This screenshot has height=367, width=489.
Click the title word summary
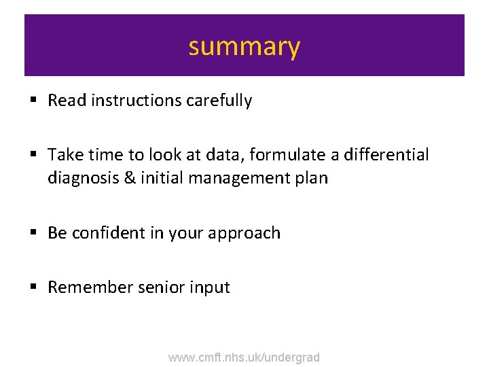pos(244,47)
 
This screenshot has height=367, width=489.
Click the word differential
pos(386,155)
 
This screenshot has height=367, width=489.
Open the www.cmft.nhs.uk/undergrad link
pos(244,357)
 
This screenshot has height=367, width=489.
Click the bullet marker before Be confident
pos(33,233)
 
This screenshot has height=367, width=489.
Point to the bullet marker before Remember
pos(33,287)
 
